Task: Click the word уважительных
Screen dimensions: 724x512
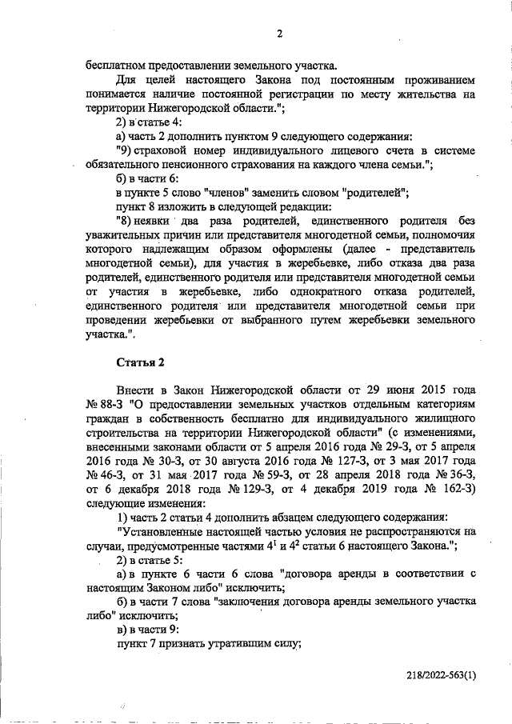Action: pyautogui.click(x=121, y=236)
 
